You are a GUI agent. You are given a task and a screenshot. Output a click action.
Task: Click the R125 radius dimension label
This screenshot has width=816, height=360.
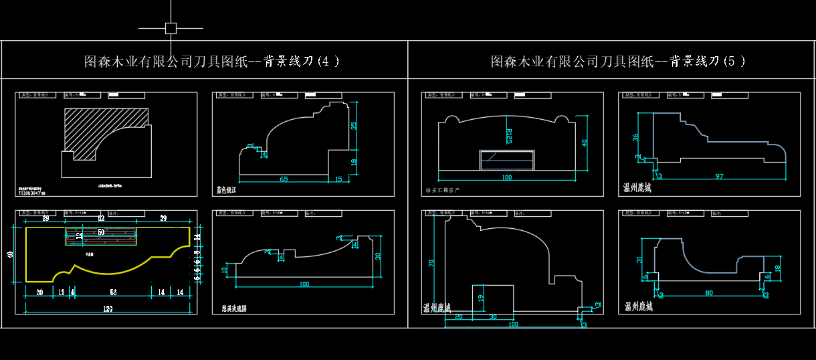(x=508, y=136)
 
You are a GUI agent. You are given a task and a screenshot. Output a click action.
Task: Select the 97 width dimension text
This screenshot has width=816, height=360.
(x=718, y=175)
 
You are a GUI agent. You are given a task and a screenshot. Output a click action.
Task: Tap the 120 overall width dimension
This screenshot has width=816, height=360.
(x=108, y=309)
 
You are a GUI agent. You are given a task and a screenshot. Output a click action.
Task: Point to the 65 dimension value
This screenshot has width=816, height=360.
(x=284, y=179)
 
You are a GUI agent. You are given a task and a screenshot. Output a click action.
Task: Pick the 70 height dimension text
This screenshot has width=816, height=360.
(x=431, y=264)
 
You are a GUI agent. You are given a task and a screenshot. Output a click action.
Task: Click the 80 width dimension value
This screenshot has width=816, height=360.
(x=708, y=292)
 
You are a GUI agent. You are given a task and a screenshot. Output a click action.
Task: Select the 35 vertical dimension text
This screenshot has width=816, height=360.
(x=354, y=125)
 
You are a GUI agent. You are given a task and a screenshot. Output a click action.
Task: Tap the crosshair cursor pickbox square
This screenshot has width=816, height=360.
(x=171, y=28)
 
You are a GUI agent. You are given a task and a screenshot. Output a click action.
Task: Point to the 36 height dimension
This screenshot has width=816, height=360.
(x=635, y=137)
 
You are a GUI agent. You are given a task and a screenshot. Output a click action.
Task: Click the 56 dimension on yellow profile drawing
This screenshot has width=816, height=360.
(x=113, y=292)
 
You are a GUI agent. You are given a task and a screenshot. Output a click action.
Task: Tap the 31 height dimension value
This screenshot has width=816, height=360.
(x=639, y=260)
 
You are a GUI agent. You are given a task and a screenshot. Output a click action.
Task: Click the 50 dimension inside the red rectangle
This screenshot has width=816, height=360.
(x=101, y=232)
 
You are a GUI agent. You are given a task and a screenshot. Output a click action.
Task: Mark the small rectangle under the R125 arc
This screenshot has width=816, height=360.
(x=508, y=161)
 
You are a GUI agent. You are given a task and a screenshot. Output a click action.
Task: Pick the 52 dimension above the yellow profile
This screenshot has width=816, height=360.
(x=101, y=219)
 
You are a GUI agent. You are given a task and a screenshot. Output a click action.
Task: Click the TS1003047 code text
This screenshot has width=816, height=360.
(x=32, y=192)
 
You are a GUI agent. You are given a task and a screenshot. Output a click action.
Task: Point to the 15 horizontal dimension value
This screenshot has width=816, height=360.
(x=338, y=179)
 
